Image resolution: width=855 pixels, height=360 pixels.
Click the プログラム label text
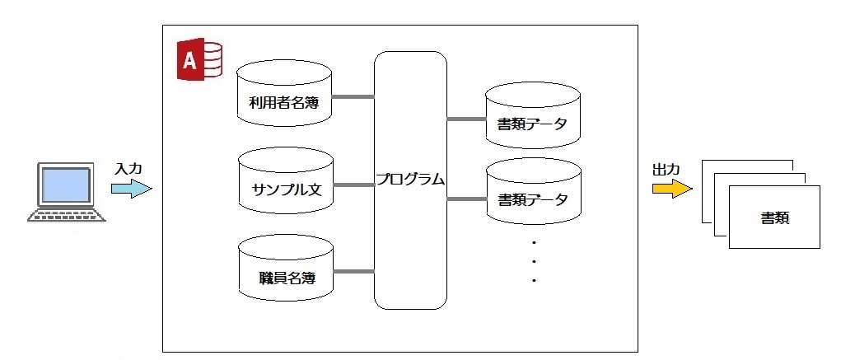(410, 179)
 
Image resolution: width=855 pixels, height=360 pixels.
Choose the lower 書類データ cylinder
(533, 194)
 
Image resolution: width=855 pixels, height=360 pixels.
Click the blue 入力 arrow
(131, 189)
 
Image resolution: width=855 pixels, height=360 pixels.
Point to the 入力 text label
(128, 168)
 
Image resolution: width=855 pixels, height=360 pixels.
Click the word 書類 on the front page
(776, 219)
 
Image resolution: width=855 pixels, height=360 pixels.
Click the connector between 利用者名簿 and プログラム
(353, 97)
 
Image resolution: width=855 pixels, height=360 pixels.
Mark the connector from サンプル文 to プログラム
(353, 185)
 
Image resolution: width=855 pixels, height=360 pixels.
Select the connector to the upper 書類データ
(466, 119)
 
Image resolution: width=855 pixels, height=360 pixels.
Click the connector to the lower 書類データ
(466, 199)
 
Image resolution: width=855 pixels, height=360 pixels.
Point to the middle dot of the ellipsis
(534, 261)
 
